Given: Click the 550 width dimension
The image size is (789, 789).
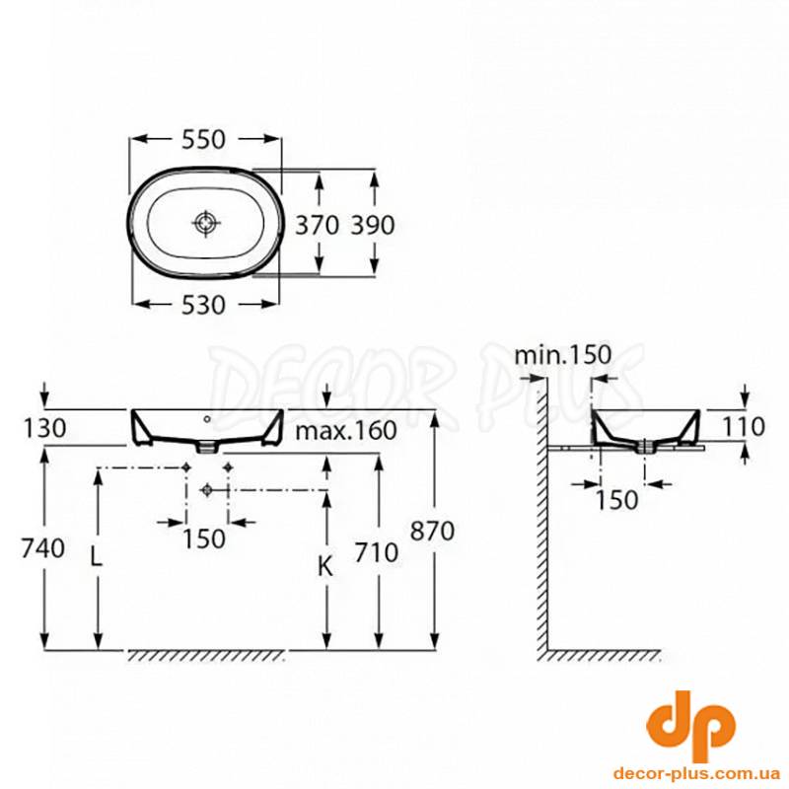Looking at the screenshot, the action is (203, 139).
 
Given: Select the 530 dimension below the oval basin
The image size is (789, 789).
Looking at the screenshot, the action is (203, 305).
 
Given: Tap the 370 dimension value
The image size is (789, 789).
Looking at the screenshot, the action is (317, 225).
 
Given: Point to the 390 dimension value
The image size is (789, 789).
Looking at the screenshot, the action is (373, 225).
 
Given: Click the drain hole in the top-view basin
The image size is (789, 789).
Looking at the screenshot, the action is (207, 222).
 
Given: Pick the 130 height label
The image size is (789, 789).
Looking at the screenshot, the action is (44, 428).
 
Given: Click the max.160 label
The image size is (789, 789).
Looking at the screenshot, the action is (346, 430).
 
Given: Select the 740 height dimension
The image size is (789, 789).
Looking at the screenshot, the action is (42, 548).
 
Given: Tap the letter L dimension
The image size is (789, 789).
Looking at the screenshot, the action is (96, 557).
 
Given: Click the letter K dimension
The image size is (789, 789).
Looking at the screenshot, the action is (326, 568).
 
